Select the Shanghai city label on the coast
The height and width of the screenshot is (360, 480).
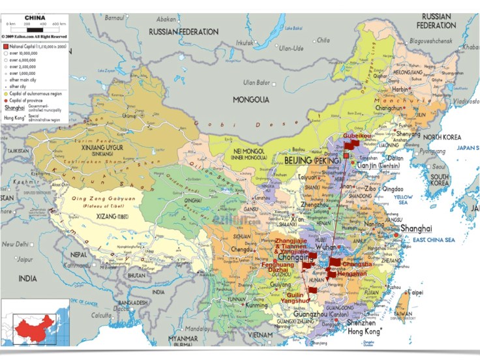pos(416,228)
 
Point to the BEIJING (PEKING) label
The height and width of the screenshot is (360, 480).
pos(307,158)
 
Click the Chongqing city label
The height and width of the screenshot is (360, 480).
pos(297,258)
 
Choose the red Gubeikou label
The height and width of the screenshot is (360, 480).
pos(357,136)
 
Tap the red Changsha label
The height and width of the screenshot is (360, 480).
pos(357,264)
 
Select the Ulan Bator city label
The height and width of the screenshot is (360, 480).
pos(257,82)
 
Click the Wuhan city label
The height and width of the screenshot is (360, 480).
pos(330,248)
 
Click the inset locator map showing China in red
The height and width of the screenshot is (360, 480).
pos(35,322)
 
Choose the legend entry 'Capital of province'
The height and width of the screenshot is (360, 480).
pos(27,100)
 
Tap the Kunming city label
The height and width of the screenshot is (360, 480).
pos(256,305)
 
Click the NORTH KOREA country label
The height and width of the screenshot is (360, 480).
pos(443,137)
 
